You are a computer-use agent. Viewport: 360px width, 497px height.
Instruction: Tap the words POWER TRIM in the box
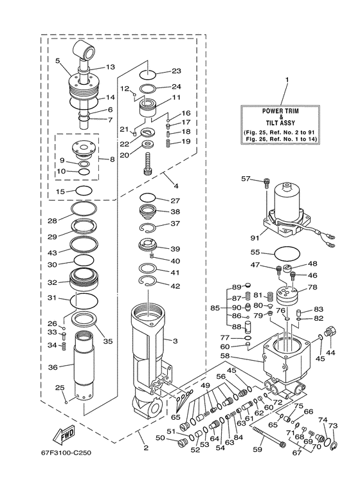[x=286, y=111]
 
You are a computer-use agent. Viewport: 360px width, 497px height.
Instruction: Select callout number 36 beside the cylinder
[x=53, y=367]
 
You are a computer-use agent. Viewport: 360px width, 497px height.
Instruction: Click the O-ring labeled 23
[x=149, y=71]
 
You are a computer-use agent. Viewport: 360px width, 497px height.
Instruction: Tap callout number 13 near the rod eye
[x=110, y=67]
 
